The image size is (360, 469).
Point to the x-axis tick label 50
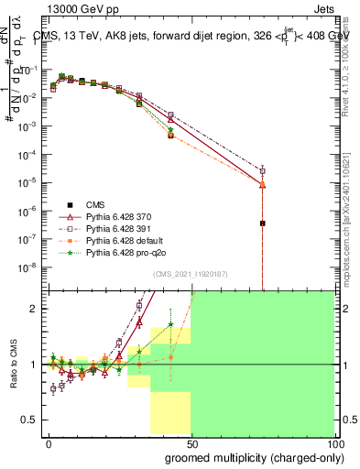click(191, 441)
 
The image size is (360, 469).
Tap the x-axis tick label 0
click(49, 441)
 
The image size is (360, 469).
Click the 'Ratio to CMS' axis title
click(13, 364)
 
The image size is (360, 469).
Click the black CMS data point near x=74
click(262, 223)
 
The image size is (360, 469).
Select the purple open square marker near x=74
click(262, 170)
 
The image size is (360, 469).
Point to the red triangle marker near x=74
click(262, 184)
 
